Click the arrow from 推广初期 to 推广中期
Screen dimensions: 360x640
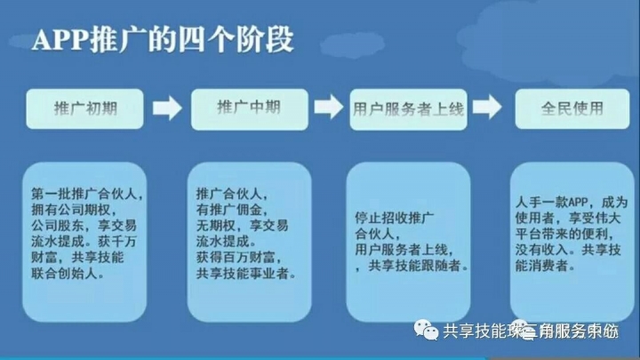tap(167, 109)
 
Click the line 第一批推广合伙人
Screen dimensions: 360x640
tap(86, 193)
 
